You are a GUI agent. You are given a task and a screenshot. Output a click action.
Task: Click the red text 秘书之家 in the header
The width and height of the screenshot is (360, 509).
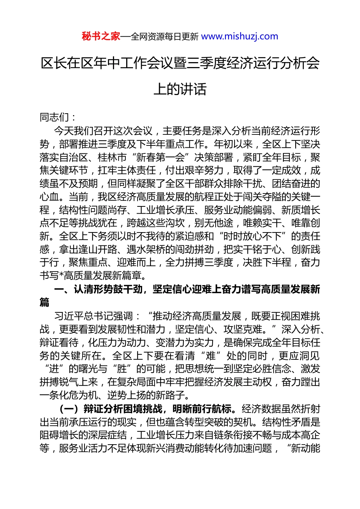(101, 36)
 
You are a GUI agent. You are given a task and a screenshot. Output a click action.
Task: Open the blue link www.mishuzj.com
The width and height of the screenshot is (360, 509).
(239, 36)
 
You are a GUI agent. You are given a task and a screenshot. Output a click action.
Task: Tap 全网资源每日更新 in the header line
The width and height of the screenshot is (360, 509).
(164, 37)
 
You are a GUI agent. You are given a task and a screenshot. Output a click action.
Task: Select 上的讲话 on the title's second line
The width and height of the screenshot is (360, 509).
(180, 89)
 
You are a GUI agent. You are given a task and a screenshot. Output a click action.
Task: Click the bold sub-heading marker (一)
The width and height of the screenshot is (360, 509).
(69, 409)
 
